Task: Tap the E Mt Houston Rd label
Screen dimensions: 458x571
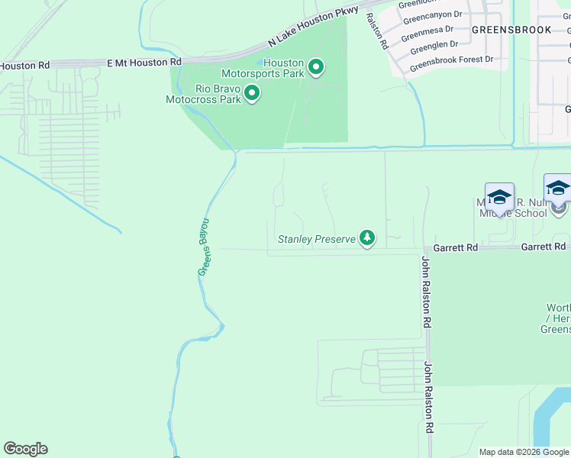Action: pos(144,62)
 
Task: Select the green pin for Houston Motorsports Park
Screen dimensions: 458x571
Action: pos(315,68)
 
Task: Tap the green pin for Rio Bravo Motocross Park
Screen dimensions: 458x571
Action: pos(252,94)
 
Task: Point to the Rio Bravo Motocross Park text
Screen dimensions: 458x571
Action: pos(204,94)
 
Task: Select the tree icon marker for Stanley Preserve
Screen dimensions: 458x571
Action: pos(367,239)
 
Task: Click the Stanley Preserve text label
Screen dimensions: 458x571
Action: pos(316,239)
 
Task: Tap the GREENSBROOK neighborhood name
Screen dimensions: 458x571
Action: pos(511,30)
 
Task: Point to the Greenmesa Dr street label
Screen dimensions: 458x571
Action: pos(427,34)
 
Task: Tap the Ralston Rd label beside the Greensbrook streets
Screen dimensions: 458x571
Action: pos(375,31)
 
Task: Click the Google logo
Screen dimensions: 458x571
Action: pos(25,449)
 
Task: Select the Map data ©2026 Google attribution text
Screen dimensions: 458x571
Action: pos(523,452)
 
